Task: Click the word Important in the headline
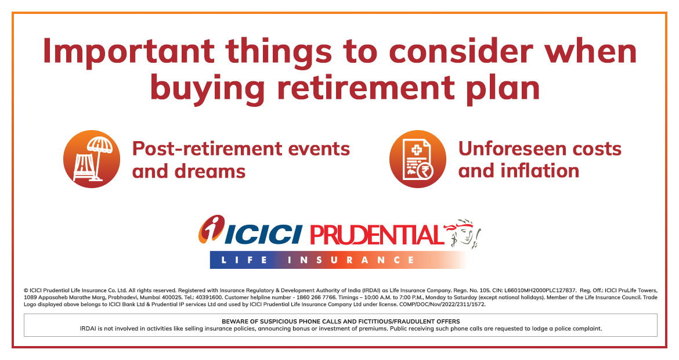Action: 129,52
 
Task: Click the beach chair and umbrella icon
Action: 92,159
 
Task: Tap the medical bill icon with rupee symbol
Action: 417,159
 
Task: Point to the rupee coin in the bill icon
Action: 425,171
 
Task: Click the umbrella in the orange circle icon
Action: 99,152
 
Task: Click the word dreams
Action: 210,171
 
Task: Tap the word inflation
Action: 540,170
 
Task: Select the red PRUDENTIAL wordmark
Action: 377,235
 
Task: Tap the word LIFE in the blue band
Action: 244,260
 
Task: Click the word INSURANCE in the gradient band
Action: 351,260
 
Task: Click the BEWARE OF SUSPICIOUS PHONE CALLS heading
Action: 341,322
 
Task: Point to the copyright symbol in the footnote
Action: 26,291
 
